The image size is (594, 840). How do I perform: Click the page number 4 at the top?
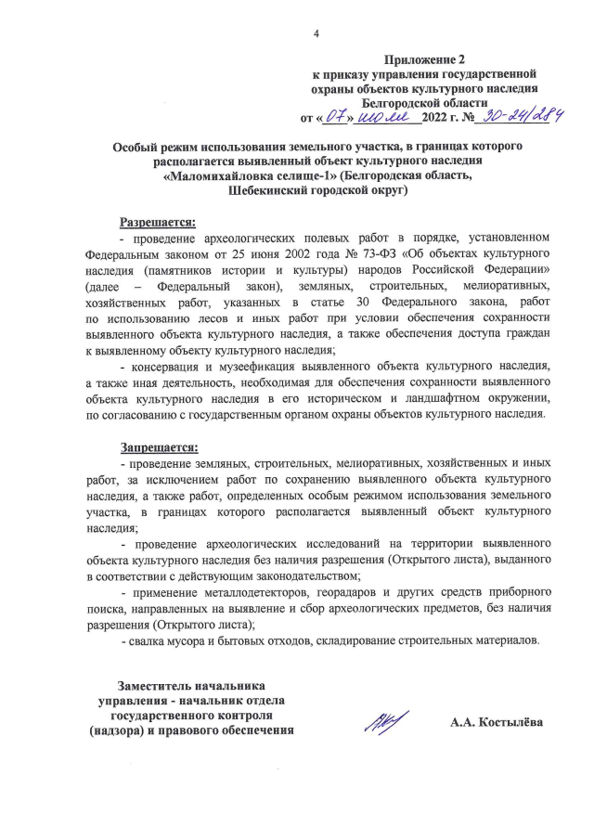316,34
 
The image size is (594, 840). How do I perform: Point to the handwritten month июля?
383,117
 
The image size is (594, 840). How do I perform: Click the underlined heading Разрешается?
157,222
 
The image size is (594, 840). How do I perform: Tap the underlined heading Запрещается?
157,446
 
